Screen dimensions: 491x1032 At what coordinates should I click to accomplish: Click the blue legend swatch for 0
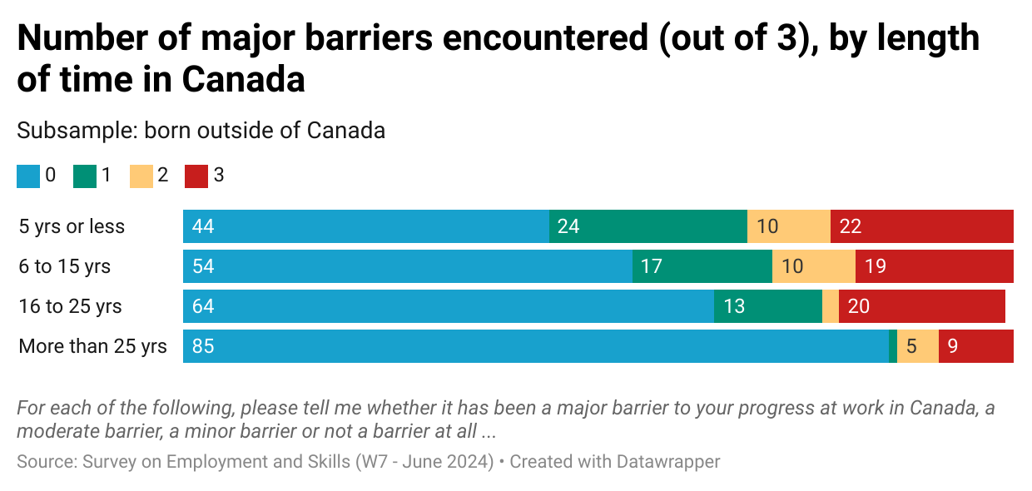pyautogui.click(x=28, y=176)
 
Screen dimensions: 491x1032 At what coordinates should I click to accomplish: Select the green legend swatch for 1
pyautogui.click(x=85, y=176)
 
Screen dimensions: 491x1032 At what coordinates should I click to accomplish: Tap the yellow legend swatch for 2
pyautogui.click(x=141, y=176)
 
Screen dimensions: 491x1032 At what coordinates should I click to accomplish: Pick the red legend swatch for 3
pyautogui.click(x=196, y=176)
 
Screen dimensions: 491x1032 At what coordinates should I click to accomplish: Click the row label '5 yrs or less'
pyautogui.click(x=72, y=226)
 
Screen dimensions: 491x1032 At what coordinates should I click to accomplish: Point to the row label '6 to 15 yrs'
pyautogui.click(x=65, y=266)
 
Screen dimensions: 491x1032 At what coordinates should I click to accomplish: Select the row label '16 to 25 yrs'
pyautogui.click(x=71, y=306)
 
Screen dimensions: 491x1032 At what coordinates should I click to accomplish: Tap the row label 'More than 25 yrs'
pyautogui.click(x=93, y=346)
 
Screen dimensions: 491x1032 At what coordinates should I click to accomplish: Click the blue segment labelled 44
pyautogui.click(x=366, y=226)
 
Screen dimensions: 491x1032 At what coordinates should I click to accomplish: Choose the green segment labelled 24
pyautogui.click(x=648, y=226)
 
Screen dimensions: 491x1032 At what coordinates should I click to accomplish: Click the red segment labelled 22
pyautogui.click(x=922, y=226)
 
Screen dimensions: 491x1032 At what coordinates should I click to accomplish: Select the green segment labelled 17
pyautogui.click(x=702, y=266)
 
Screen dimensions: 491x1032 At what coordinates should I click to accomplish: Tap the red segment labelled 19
pyautogui.click(x=935, y=266)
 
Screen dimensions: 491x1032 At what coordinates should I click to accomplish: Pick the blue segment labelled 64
pyautogui.click(x=449, y=306)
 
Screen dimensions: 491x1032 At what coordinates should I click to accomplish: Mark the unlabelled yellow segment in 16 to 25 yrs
pyautogui.click(x=831, y=306)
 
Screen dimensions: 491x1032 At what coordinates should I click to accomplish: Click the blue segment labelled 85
pyautogui.click(x=536, y=346)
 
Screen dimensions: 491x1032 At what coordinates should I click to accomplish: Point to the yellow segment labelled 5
pyautogui.click(x=918, y=346)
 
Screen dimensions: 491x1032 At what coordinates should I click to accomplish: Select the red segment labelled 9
pyautogui.click(x=976, y=346)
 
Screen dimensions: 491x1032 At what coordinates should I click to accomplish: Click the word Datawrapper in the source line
pyautogui.click(x=668, y=461)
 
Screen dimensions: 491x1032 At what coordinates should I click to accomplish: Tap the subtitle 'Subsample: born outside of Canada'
pyautogui.click(x=201, y=131)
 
